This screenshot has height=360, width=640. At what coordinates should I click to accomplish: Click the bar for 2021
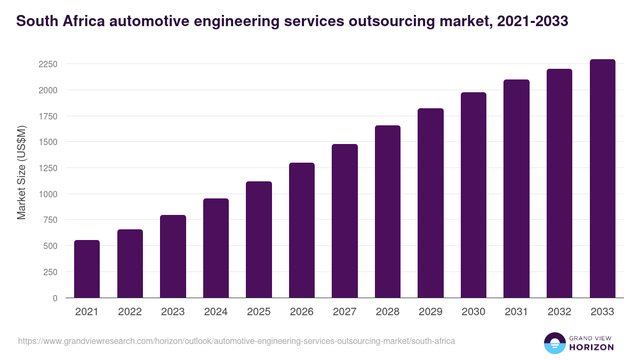pyautogui.click(x=87, y=269)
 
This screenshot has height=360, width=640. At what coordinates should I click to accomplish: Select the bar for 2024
pyautogui.click(x=216, y=248)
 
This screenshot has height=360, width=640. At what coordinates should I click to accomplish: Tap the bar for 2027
pyautogui.click(x=345, y=221)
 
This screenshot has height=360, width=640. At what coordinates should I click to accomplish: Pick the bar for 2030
pyautogui.click(x=474, y=195)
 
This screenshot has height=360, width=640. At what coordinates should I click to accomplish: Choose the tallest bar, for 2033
pyautogui.click(x=602, y=179)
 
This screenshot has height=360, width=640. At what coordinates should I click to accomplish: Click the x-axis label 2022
pyautogui.click(x=130, y=312)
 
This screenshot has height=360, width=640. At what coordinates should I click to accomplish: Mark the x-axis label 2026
pyautogui.click(x=301, y=312)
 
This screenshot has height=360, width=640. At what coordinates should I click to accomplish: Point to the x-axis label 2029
pyautogui.click(x=430, y=312)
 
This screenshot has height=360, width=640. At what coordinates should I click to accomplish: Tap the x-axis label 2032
pyautogui.click(x=559, y=312)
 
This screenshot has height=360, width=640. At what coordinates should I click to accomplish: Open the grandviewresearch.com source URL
pyautogui.click(x=236, y=341)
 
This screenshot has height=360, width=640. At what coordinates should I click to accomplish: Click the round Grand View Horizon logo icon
pyautogui.click(x=554, y=343)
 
